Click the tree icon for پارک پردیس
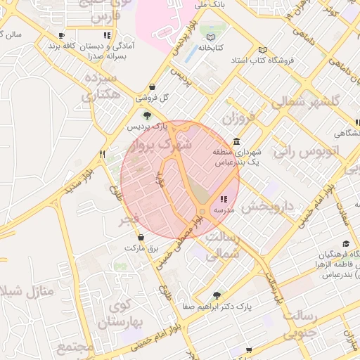coord(147,116)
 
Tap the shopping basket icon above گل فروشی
coord(153,86)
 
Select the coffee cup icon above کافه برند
coord(62,34)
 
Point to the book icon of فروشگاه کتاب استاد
coord(263,50)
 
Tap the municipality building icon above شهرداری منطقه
coord(236,141)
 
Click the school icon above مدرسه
coord(224,199)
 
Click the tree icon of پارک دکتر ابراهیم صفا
coord(216,295)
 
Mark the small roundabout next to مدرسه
coord(203,211)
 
